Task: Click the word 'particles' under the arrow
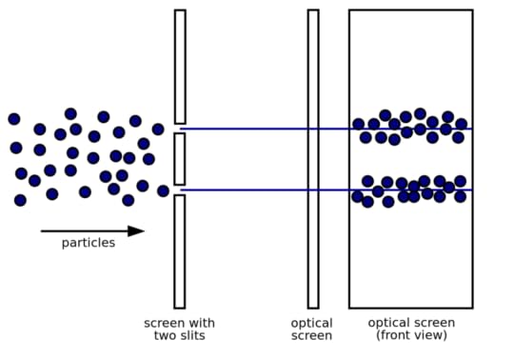(88, 243)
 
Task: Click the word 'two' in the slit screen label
(166, 336)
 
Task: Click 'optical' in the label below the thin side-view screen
(311, 323)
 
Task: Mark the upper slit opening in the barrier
(180, 129)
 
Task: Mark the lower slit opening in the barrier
(180, 190)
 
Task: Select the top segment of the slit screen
(180, 67)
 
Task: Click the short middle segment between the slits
(180, 159)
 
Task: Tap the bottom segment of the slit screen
(180, 251)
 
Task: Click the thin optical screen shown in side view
(313, 159)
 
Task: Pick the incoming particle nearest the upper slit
(158, 130)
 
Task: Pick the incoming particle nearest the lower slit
(163, 190)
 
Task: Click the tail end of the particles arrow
(42, 230)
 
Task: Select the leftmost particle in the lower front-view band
(358, 196)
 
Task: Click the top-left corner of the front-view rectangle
(349, 10)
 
